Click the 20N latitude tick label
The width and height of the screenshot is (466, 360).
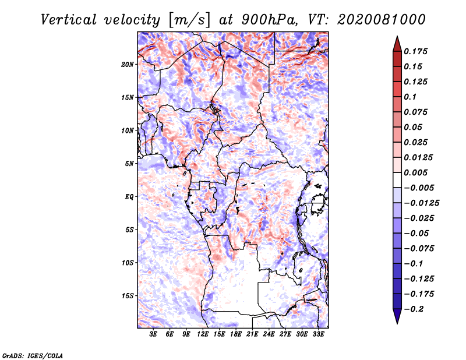128,64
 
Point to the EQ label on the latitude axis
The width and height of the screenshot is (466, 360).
129,197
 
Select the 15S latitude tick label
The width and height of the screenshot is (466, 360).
128,296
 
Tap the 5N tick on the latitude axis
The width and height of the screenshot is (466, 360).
129,164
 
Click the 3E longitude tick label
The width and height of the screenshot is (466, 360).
154,335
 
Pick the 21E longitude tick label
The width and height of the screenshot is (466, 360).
253,335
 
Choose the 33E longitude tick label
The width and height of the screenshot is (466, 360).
319,335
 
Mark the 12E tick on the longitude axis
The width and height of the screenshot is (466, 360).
203,335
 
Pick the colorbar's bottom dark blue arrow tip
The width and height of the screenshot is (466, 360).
397,322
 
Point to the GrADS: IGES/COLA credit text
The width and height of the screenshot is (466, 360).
33,355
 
